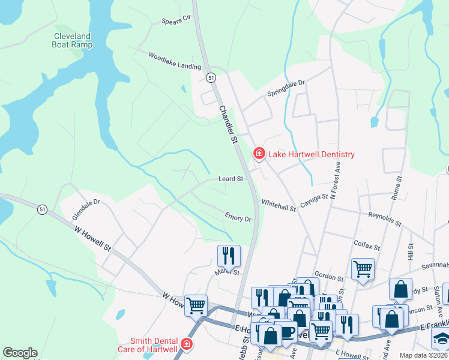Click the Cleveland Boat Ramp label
click(x=71, y=40)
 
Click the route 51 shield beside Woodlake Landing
click(x=211, y=78)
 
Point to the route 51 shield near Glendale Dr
click(x=41, y=209)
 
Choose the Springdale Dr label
click(x=286, y=88)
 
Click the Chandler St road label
click(x=228, y=124)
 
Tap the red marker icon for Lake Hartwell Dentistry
click(x=259, y=154)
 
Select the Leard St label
click(x=231, y=179)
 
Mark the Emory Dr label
click(x=238, y=217)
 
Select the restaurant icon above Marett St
click(x=229, y=256)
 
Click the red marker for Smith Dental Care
click(x=187, y=344)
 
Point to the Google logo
click(x=20, y=353)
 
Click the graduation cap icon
click(x=441, y=338)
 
